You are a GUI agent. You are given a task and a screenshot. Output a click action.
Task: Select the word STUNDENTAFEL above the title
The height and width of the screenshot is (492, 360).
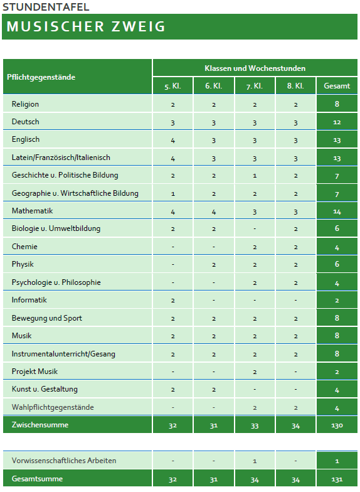(x=46, y=8)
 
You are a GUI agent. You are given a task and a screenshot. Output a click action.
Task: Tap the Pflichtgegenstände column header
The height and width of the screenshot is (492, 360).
(x=41, y=77)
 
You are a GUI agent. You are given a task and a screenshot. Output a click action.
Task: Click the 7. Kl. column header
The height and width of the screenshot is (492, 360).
(x=255, y=86)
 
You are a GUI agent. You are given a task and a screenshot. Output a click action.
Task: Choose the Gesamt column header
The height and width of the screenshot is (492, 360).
(x=337, y=86)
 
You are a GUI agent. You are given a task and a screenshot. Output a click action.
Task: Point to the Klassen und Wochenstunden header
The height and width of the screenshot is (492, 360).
(x=255, y=68)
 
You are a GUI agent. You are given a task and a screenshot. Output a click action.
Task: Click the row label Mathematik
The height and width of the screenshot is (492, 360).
(x=32, y=211)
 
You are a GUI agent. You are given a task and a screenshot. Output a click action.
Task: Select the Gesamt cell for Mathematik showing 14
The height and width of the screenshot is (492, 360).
(x=337, y=211)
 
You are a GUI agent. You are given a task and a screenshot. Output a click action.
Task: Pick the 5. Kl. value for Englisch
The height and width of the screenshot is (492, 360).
(x=172, y=140)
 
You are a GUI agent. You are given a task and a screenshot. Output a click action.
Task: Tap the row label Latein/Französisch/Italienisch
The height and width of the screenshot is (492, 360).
(x=61, y=158)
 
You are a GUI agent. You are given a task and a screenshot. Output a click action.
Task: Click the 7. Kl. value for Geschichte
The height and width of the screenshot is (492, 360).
(x=255, y=176)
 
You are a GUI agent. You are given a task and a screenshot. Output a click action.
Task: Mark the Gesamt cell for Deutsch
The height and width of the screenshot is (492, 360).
(x=337, y=122)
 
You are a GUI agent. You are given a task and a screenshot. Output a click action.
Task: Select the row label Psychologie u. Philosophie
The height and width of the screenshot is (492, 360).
(x=56, y=282)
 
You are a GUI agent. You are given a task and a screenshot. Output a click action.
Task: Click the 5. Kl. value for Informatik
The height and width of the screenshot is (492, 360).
(x=172, y=301)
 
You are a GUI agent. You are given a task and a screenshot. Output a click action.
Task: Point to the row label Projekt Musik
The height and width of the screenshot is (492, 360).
(x=34, y=372)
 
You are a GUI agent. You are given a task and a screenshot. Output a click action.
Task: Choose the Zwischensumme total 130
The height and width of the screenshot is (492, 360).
(x=337, y=425)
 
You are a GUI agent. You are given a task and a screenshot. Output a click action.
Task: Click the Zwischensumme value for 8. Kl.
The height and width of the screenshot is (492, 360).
(x=295, y=425)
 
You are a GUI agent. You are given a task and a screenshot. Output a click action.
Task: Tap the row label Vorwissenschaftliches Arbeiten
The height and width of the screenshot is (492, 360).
(x=63, y=461)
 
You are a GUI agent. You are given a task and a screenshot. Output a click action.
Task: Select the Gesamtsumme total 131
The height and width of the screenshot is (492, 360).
(x=337, y=479)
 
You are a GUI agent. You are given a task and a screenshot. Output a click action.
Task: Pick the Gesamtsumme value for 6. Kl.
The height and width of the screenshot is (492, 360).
(x=213, y=479)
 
